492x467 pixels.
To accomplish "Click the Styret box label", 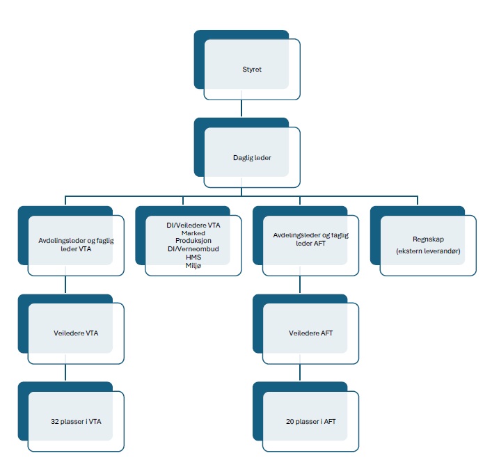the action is pyautogui.click(x=252, y=70).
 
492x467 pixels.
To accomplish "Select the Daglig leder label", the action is pyautogui.click(x=252, y=157).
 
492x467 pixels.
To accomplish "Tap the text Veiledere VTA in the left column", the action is pyautogui.click(x=76, y=333).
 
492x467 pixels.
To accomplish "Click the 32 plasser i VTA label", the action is pyautogui.click(x=76, y=422).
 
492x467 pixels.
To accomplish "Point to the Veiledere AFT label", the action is pyautogui.click(x=310, y=333).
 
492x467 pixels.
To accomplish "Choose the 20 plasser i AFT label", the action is pyautogui.click(x=310, y=422).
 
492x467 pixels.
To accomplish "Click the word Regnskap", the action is pyautogui.click(x=428, y=239).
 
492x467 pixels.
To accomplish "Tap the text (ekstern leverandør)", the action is pyautogui.click(x=428, y=251).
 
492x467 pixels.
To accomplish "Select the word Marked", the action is pyautogui.click(x=193, y=233).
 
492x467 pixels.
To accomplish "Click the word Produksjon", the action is pyautogui.click(x=193, y=241).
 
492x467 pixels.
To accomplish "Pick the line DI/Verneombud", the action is pyautogui.click(x=193, y=249).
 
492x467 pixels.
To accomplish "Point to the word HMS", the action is pyautogui.click(x=193, y=258).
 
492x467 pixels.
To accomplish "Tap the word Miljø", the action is pyautogui.click(x=193, y=265).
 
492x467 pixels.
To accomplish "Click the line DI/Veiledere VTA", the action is pyautogui.click(x=193, y=225).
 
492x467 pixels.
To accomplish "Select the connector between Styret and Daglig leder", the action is pyautogui.click(x=241, y=109).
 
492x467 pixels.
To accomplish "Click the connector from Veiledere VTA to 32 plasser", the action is pyautogui.click(x=65, y=372).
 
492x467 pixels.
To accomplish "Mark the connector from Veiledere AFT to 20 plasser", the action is pyautogui.click(x=300, y=372).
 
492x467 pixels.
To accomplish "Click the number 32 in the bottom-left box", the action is pyautogui.click(x=54, y=422).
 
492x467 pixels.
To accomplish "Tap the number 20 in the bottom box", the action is pyautogui.click(x=289, y=422).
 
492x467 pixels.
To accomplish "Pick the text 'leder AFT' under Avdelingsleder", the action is pyautogui.click(x=310, y=243).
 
